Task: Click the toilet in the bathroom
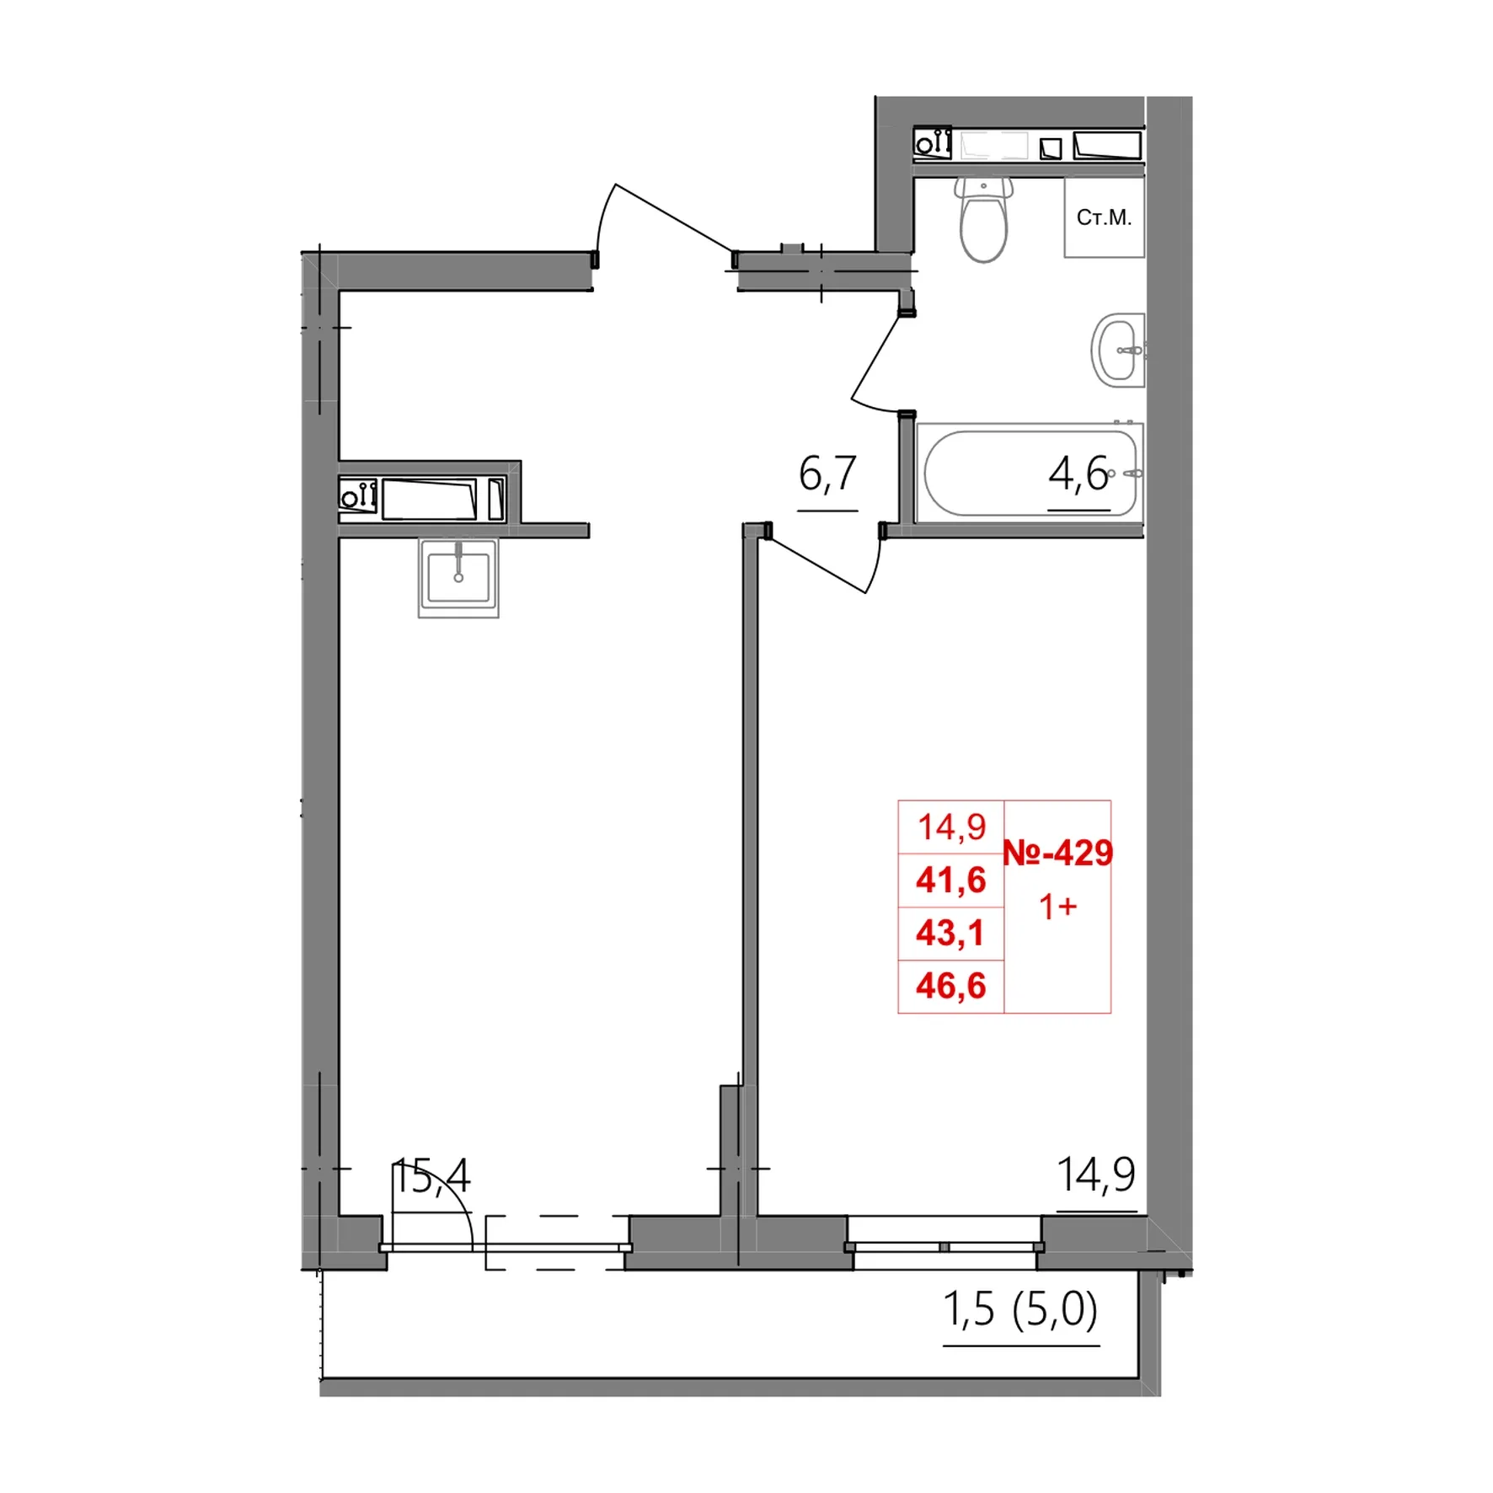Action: pyautogui.click(x=983, y=219)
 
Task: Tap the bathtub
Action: pyautogui.click(x=1030, y=474)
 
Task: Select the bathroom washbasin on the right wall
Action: pyautogui.click(x=1117, y=350)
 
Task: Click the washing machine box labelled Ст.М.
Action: pyautogui.click(x=1104, y=217)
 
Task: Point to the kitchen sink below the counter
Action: pyautogui.click(x=458, y=578)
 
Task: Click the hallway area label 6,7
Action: pyautogui.click(x=827, y=474)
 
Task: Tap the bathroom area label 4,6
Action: pyautogui.click(x=1078, y=474)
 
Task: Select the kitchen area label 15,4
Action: pyautogui.click(x=431, y=1176)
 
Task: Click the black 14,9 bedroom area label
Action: pyautogui.click(x=1096, y=1175)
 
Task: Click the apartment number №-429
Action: pyautogui.click(x=1058, y=854)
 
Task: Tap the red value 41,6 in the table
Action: pyautogui.click(x=951, y=880)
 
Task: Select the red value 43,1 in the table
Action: pyautogui.click(x=950, y=934)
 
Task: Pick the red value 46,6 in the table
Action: pyautogui.click(x=951, y=987)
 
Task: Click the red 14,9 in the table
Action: pyautogui.click(x=952, y=827)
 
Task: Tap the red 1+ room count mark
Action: pyautogui.click(x=1058, y=907)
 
